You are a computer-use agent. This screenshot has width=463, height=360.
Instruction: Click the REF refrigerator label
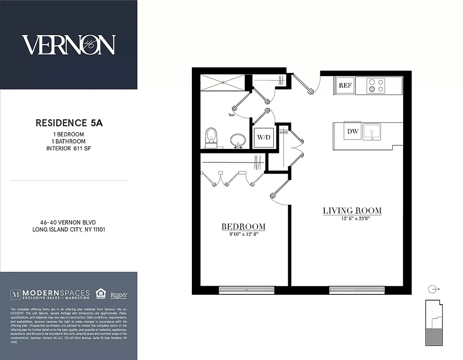(x=345, y=85)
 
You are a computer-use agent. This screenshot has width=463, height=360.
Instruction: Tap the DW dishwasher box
(x=352, y=131)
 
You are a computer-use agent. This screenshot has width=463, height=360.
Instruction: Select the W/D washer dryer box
(x=263, y=137)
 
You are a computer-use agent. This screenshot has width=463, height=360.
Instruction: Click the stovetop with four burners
(x=377, y=85)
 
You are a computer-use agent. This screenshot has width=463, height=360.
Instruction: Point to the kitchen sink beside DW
(x=372, y=132)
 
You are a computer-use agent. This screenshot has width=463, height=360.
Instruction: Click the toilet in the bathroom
(x=211, y=137)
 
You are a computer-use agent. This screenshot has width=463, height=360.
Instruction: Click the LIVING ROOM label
(x=352, y=211)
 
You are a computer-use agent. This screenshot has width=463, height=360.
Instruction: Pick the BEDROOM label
(x=243, y=227)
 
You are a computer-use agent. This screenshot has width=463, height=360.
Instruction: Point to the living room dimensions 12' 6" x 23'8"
(x=352, y=219)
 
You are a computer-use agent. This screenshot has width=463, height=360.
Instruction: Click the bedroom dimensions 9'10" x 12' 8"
(x=243, y=234)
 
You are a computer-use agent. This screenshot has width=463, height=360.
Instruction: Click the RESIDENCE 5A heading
(x=69, y=123)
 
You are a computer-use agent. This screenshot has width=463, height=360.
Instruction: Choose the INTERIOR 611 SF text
(x=69, y=148)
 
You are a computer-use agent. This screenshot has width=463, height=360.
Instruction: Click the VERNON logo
(x=68, y=45)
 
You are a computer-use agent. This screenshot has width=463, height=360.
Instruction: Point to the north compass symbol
(x=433, y=289)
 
